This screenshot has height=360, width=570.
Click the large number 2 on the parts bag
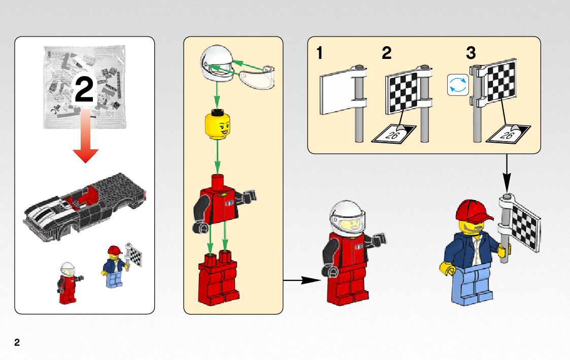click(84, 90)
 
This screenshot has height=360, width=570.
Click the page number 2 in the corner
click(17, 343)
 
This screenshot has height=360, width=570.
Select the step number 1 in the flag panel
click(320, 53)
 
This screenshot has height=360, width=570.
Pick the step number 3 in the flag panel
click(471, 53)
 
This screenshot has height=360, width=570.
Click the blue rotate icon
click(457, 85)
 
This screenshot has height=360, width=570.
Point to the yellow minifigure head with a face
click(217, 126)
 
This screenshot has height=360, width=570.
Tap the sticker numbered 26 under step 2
click(393, 134)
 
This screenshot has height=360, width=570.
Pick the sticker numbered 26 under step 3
click(508, 134)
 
